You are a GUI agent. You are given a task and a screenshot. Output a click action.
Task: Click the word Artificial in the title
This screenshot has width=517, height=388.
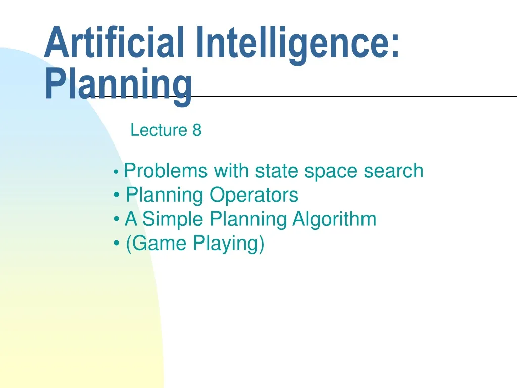pyautogui.click(x=113, y=43)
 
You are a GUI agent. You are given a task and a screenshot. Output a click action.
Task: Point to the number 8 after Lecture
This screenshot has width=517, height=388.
pyautogui.click(x=197, y=130)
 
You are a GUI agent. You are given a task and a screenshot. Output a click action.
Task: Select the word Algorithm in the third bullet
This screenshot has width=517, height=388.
pyautogui.click(x=334, y=220)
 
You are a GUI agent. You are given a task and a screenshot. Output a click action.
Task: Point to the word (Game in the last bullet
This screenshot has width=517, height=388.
pyautogui.click(x=156, y=244)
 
